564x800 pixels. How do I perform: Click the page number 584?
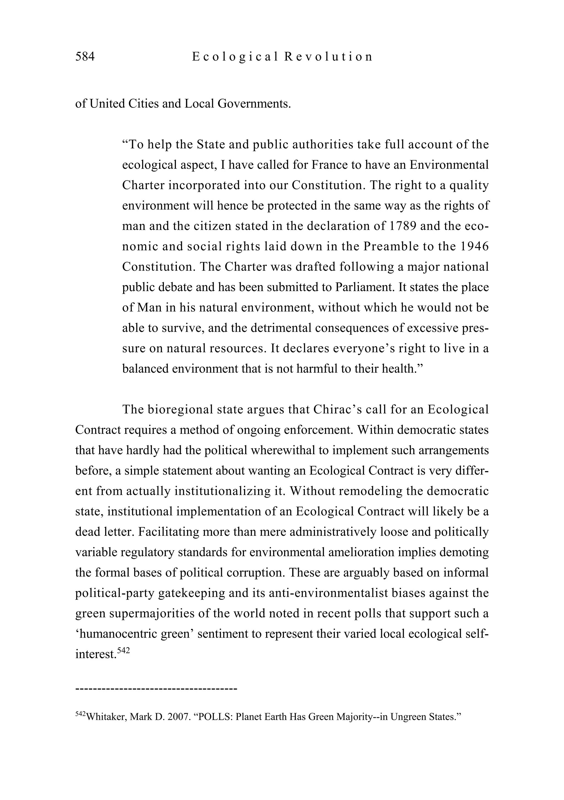click(85, 57)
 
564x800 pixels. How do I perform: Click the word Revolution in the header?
click(328, 57)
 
